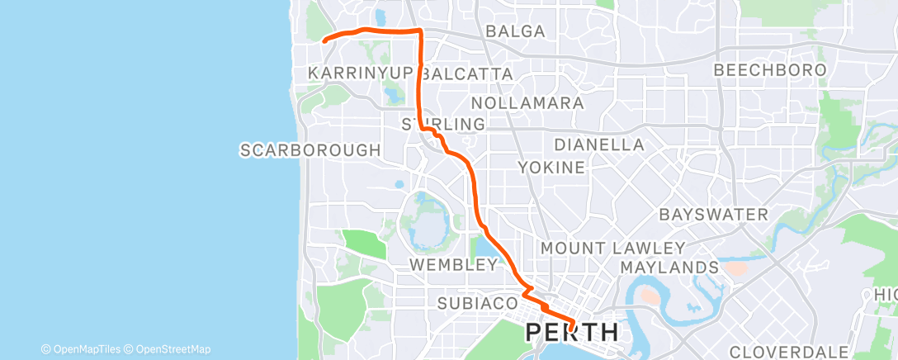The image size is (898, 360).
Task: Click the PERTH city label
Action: tap(572, 333)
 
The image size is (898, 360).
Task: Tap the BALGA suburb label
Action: tap(516, 31)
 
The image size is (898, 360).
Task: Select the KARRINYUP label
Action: tap(359, 73)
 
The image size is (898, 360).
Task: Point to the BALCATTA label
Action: tap(467, 73)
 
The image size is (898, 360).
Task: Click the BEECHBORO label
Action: tap(769, 70)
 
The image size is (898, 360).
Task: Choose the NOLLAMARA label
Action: tap(527, 103)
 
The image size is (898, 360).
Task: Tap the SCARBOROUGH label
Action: tap(310, 150)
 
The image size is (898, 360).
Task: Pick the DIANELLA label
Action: tap(598, 144)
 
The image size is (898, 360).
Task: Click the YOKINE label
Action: tap(551, 168)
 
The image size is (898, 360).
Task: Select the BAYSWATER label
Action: tap(713, 215)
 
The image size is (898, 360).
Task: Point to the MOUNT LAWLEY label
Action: tap(612, 248)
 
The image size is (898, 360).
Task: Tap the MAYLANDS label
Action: tap(669, 268)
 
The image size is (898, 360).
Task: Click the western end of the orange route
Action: tap(324, 39)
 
